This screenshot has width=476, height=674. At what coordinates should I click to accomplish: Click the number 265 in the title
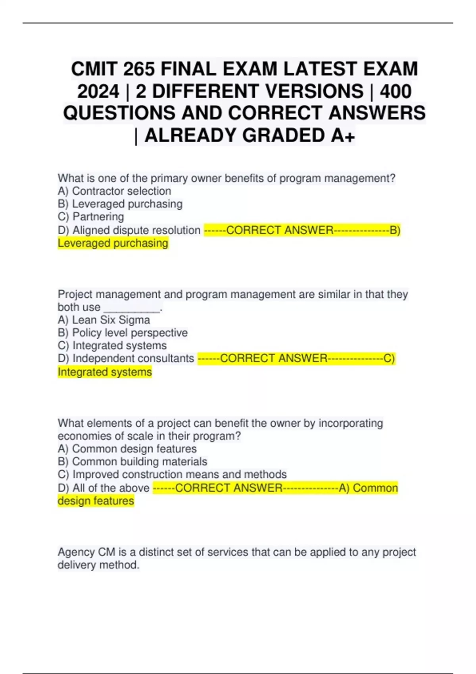point(139,69)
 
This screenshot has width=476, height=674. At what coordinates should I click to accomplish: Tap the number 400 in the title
point(395,91)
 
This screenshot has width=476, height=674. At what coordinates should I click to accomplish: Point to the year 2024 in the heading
point(98,91)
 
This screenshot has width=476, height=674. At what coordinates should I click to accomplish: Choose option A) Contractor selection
point(115,191)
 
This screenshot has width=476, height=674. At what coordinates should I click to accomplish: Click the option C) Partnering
point(91,217)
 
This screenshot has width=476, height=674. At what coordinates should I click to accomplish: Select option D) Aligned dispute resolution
point(129,230)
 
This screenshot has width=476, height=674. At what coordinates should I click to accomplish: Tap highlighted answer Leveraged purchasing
point(113,243)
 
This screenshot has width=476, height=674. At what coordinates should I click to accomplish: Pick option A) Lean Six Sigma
point(104,320)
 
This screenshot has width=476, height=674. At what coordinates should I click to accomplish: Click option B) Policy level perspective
point(123,333)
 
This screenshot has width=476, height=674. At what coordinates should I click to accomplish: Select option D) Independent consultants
point(126,358)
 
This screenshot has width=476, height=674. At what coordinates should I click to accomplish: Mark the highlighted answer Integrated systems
point(105,372)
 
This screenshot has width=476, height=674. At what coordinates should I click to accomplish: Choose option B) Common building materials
point(132,461)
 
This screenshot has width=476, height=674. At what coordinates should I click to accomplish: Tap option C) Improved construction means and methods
point(172,475)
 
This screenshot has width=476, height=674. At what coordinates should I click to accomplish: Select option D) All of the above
point(104,488)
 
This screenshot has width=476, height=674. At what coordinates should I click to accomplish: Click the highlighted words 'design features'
point(96,501)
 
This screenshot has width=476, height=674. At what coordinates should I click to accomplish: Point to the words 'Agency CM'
point(86,552)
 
